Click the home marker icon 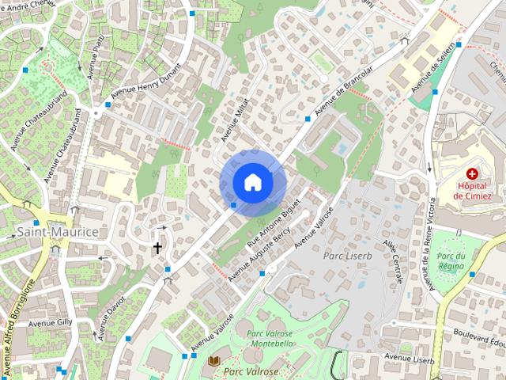click(x=252, y=183)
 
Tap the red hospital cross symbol click(x=472, y=173)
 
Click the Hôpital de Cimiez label click(x=472, y=190)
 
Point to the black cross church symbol click(x=157, y=248)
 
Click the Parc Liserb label click(x=346, y=256)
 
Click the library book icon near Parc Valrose click(x=213, y=361)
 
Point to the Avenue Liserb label click(x=410, y=359)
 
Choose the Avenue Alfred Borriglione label click(x=18, y=325)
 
